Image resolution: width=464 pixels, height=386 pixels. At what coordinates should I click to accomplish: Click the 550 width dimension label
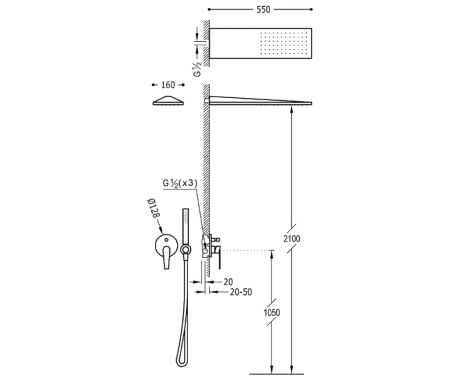coord(263,10)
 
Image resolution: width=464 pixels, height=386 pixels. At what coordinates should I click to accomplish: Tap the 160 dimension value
coord(168,85)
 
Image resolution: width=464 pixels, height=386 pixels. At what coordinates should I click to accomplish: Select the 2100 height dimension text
coord(292,239)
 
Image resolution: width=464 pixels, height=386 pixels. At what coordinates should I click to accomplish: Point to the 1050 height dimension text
coord(271,313)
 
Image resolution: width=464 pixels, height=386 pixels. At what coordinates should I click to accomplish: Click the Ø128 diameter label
coord(154,208)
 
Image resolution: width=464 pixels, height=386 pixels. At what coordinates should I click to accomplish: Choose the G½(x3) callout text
coord(180,183)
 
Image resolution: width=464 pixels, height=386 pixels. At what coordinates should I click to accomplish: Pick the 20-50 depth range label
coord(241,292)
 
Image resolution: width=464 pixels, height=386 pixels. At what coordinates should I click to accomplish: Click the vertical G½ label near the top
coord(197,69)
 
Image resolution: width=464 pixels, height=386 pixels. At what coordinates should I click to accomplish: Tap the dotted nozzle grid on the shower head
coord(284,43)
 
